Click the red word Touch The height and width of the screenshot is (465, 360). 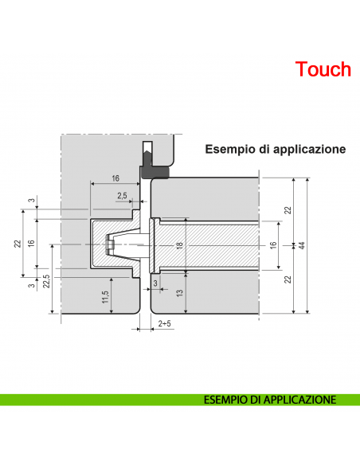pyautogui.click(x=323, y=69)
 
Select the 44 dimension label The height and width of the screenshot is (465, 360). pyautogui.click(x=301, y=245)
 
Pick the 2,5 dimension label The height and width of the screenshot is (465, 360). pyautogui.click(x=122, y=195)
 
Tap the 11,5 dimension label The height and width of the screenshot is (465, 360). pyautogui.click(x=105, y=296)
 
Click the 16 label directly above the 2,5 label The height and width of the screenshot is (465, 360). pyautogui.click(x=115, y=178)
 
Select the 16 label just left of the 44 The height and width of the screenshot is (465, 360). pyautogui.click(x=273, y=245)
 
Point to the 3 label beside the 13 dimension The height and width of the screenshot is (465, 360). pyautogui.click(x=155, y=283)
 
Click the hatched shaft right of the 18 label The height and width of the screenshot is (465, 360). pyautogui.click(x=215, y=245)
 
